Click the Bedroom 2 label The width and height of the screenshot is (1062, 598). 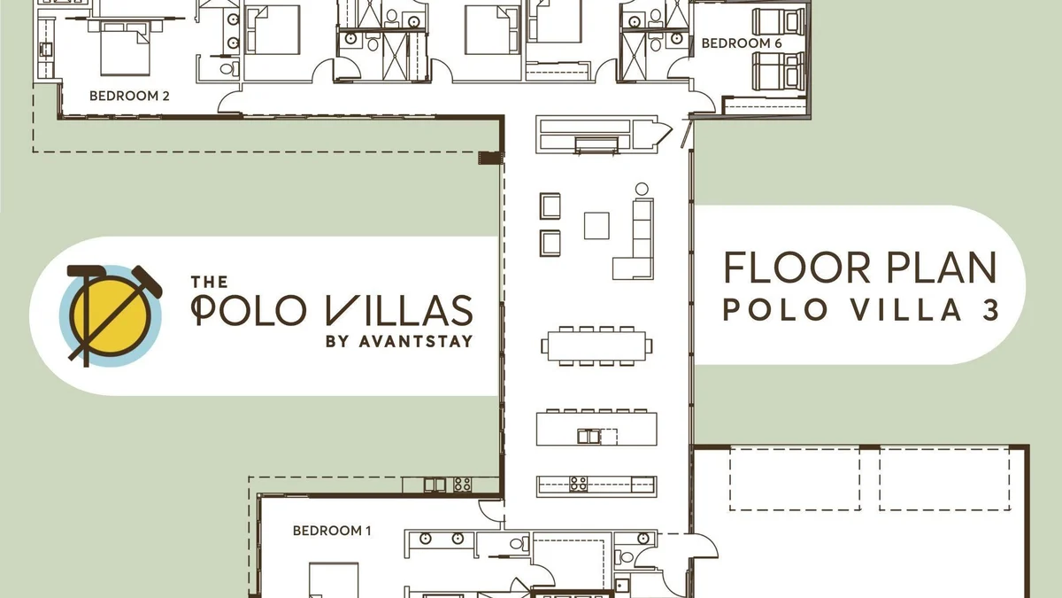129,96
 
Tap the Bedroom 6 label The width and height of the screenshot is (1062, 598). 742,43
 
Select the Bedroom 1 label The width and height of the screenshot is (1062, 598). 332,531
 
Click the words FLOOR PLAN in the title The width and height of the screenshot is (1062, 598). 860,268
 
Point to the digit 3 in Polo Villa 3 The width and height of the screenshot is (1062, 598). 990,310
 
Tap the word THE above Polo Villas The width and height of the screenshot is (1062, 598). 209,283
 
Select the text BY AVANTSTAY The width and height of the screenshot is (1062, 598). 399,341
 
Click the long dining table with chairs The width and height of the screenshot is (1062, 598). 596,346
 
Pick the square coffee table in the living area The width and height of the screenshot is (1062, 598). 596,226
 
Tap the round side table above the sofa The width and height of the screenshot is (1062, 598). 642,189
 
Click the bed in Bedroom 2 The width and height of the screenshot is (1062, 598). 125,49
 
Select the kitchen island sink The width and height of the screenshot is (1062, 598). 589,436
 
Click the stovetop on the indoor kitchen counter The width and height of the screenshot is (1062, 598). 579,484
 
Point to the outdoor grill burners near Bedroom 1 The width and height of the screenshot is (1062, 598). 462,485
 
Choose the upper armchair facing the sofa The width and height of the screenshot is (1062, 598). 550,206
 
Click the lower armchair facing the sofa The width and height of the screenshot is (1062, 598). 550,243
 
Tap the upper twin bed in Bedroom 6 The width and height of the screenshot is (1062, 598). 779,22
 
